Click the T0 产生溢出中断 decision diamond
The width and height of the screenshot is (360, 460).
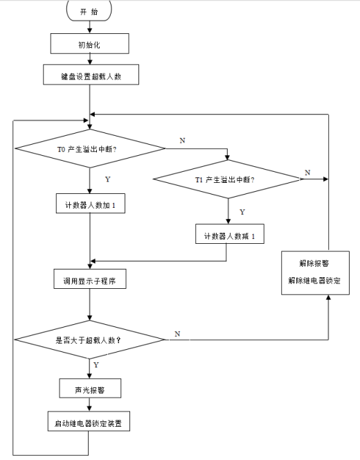tap(90, 148)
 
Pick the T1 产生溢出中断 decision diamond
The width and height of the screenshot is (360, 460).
tap(228, 179)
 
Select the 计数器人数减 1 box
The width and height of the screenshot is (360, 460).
tap(228, 236)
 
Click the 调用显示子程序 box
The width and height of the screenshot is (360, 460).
tap(90, 281)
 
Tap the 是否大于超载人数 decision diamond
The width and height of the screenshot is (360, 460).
tap(90, 339)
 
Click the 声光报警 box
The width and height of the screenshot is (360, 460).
tap(90, 389)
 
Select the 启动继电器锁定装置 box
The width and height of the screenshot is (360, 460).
tap(90, 422)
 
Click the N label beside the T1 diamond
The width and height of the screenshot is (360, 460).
tap(307, 171)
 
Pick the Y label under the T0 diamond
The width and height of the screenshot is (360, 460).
tap(107, 179)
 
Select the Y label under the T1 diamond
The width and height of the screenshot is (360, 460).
tap(242, 211)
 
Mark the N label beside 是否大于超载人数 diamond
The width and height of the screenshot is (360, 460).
tap(177, 333)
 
